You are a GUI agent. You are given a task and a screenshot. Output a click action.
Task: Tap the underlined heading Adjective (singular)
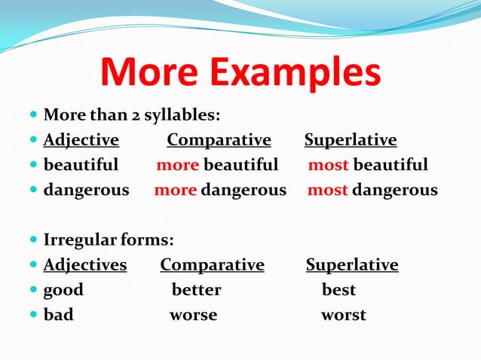[81, 140]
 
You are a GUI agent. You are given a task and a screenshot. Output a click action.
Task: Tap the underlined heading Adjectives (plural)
[84, 265]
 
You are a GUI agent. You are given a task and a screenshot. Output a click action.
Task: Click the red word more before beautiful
[177, 165]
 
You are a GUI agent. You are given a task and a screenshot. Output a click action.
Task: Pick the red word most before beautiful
[328, 165]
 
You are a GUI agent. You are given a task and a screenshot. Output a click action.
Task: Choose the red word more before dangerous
[175, 190]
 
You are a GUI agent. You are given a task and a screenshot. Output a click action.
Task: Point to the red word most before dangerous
[327, 190]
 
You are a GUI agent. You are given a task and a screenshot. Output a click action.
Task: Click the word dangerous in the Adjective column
[86, 190]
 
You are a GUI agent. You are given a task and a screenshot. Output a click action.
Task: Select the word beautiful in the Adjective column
[81, 165]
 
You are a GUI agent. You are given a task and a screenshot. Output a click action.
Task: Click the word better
[196, 290]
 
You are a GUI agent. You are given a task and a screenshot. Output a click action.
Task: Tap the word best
[339, 290]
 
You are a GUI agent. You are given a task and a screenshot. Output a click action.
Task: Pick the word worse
[193, 315]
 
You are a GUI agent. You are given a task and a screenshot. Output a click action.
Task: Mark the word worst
[343, 315]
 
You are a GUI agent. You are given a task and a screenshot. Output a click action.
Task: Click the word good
[63, 290]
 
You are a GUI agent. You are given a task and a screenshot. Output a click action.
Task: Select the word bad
[58, 315]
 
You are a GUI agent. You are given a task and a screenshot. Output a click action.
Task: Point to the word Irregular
[78, 240]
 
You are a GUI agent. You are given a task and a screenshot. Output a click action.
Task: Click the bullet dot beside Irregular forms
[33, 240]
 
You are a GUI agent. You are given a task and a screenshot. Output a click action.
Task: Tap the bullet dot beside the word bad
[33, 315]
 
